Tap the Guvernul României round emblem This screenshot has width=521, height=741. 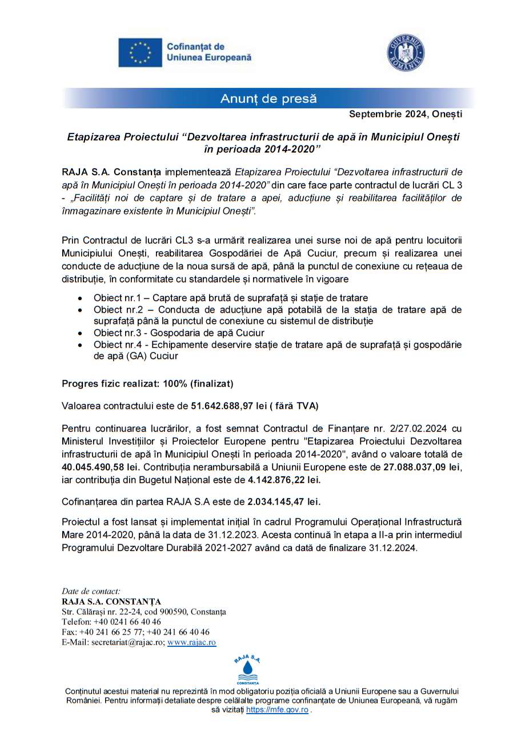pos(406,53)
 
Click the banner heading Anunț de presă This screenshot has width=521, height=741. pos(268,99)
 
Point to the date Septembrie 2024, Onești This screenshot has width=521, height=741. pos(406,114)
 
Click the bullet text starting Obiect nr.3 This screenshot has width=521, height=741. pos(179,333)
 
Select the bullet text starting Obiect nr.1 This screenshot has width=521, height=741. pos(231,298)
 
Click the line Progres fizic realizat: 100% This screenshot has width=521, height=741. pos(147,384)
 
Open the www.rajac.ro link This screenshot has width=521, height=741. pos(191,642)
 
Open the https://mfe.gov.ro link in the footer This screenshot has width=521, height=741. pos(277,710)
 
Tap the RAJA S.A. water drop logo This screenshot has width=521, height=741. pos(247,669)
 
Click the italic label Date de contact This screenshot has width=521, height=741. pos(91,591)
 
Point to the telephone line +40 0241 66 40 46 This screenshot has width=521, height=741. pos(111,621)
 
